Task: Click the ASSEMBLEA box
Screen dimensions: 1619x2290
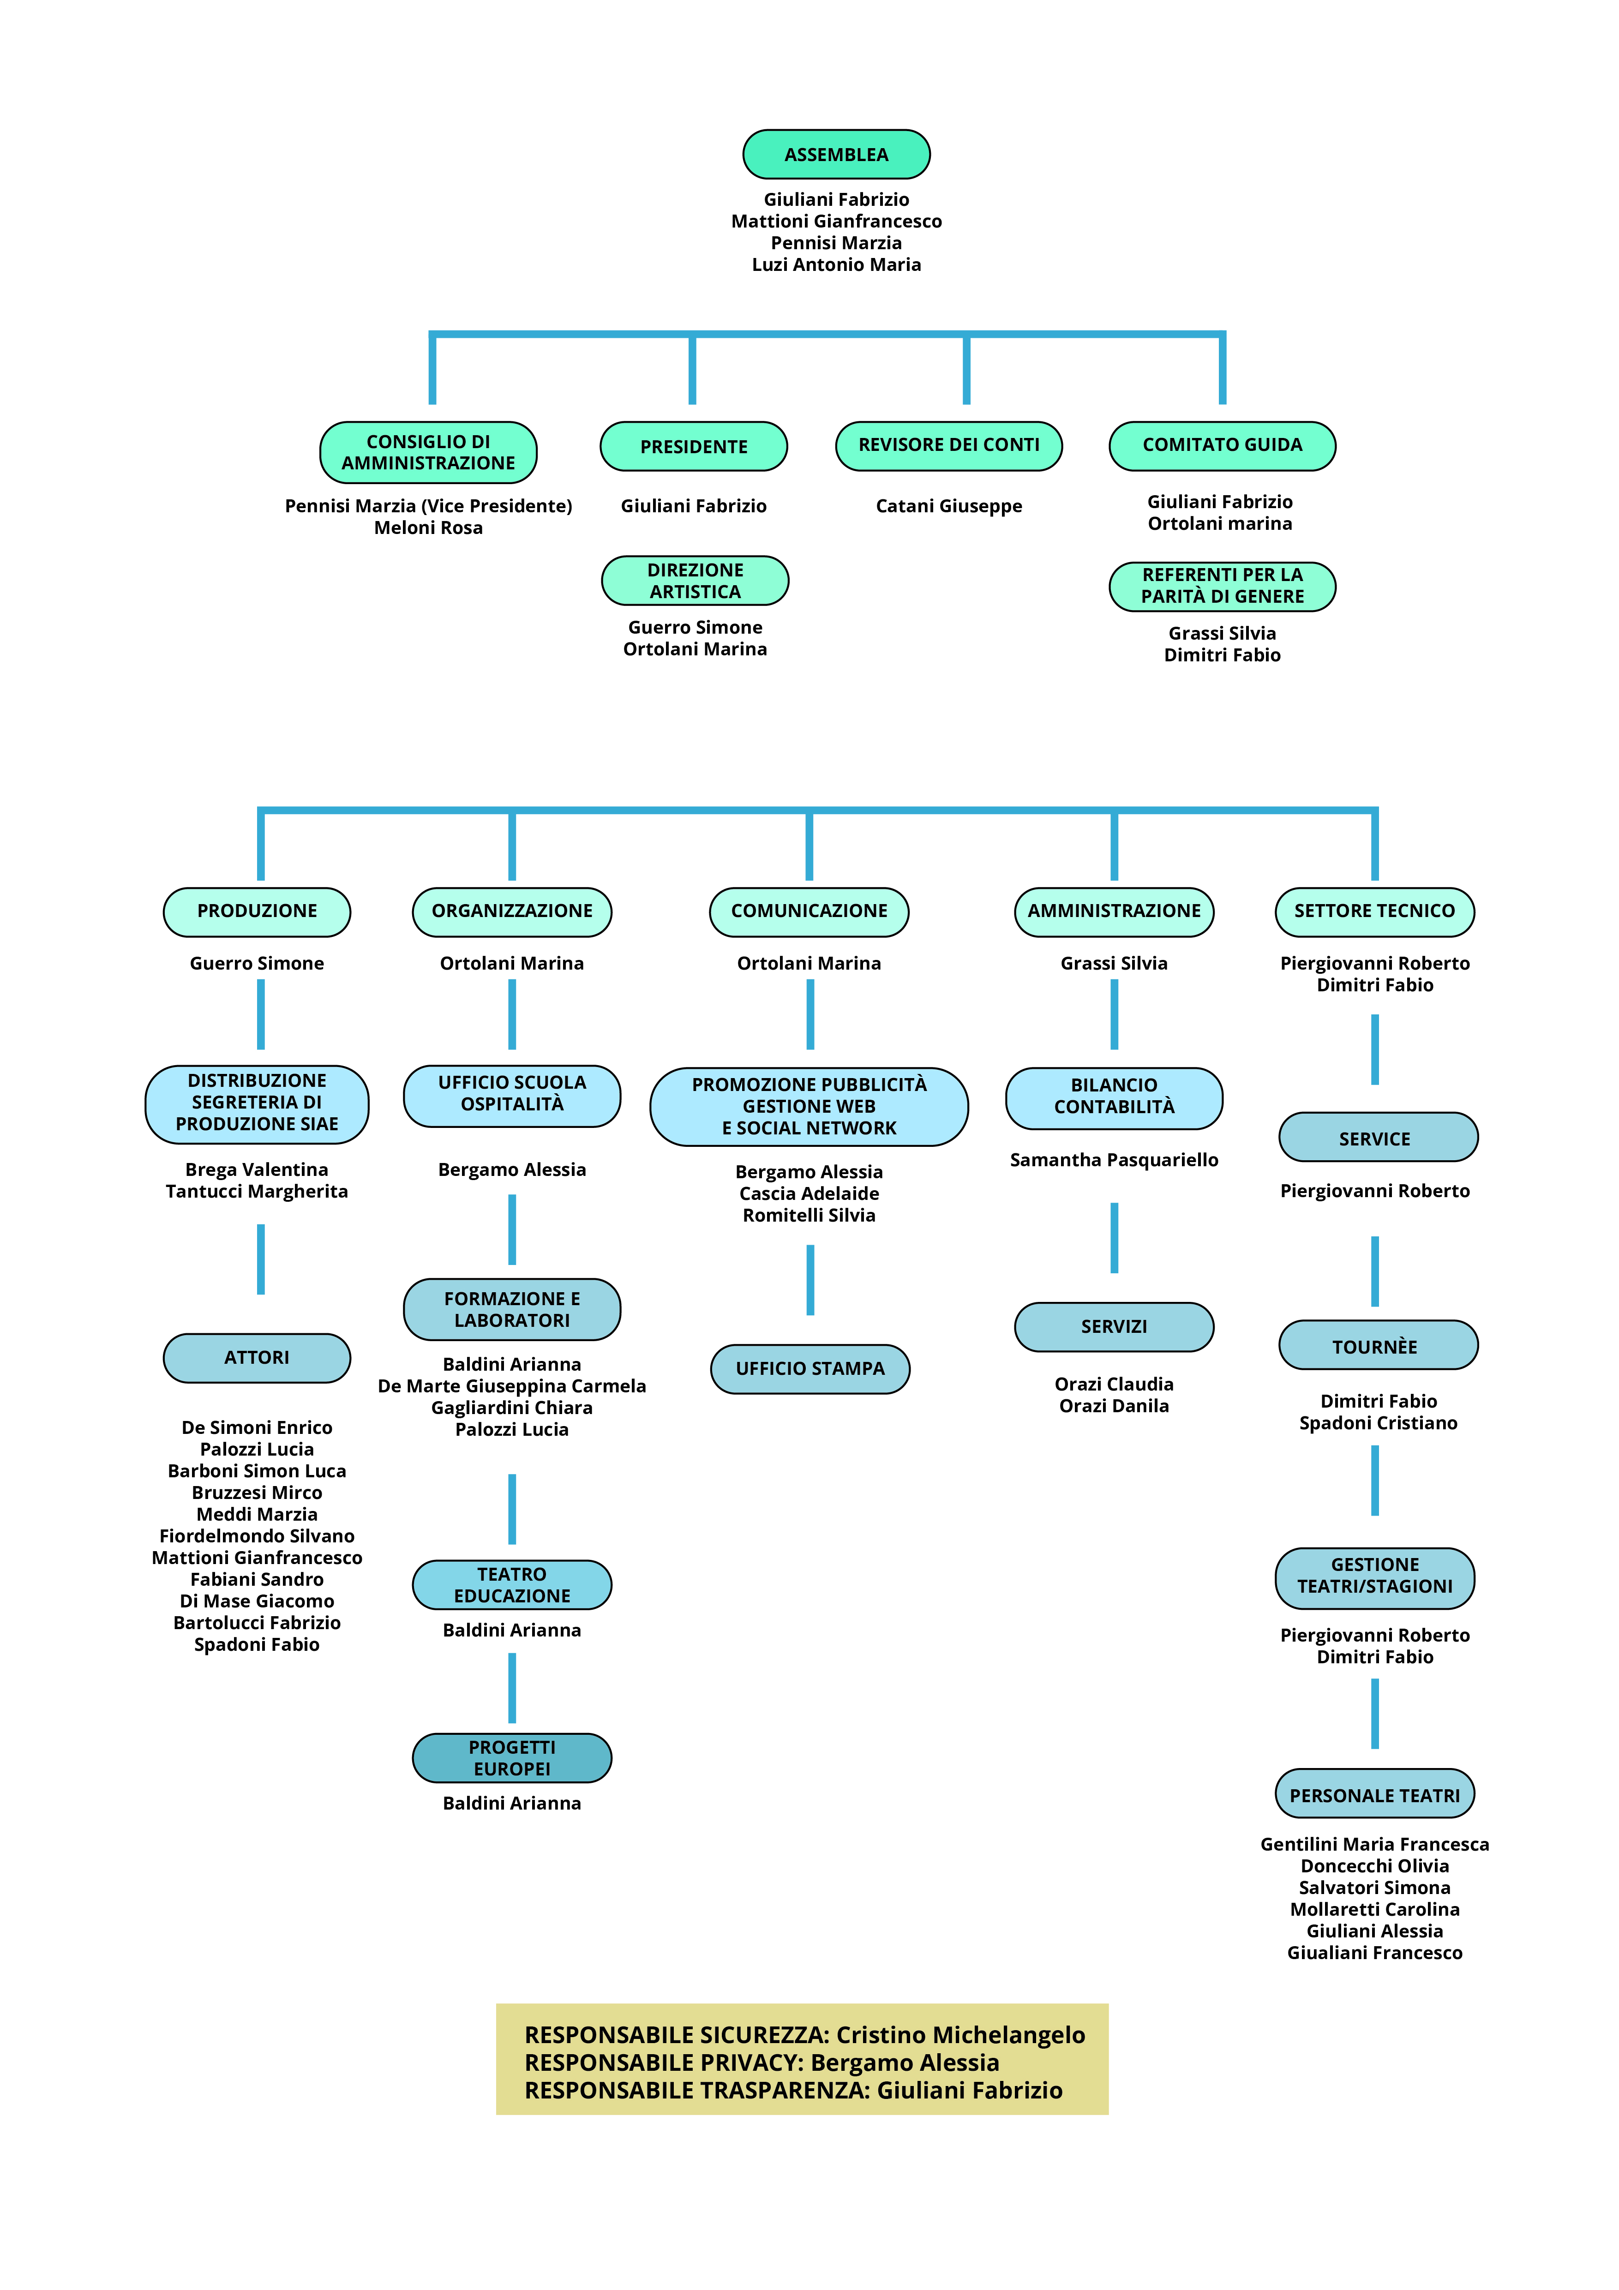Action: point(836,155)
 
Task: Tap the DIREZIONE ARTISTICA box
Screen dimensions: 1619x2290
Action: point(696,581)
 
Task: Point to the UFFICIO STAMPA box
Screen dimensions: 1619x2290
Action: point(810,1368)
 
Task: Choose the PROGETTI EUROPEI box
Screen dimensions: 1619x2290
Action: point(512,1757)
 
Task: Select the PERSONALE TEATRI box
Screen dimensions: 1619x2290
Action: point(1374,1794)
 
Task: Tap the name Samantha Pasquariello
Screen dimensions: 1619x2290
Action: point(1114,1160)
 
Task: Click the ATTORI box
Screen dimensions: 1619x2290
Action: point(256,1357)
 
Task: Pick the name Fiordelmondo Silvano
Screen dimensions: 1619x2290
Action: point(256,1536)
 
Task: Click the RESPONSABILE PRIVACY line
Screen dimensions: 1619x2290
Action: point(762,2062)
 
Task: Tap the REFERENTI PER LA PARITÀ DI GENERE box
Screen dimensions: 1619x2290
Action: point(1222,587)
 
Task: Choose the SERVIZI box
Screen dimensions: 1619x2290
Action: point(1114,1326)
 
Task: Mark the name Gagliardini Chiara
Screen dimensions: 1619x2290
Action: point(512,1407)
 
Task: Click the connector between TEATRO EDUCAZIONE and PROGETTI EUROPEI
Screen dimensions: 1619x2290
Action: point(512,1688)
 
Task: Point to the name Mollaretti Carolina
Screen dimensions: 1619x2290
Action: point(1374,1909)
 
